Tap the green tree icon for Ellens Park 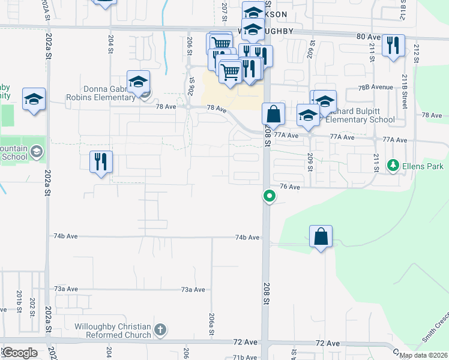click(x=394, y=164)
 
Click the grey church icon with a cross click(x=160, y=329)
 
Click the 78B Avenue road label click(x=375, y=87)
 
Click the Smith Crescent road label click(x=435, y=326)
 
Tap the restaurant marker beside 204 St click(x=101, y=161)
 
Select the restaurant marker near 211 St click(x=393, y=45)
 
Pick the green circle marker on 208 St click(x=270, y=196)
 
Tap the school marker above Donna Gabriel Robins click(x=139, y=82)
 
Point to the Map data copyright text click(x=423, y=355)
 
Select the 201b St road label click(x=19, y=298)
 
